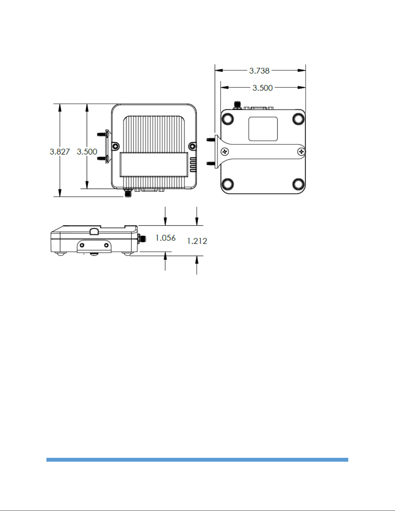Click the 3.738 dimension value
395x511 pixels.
pyautogui.click(x=259, y=71)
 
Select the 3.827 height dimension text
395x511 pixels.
pyautogui.click(x=60, y=152)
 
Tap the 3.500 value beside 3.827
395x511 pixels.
pyautogui.click(x=87, y=152)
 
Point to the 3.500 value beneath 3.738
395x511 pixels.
pyautogui.click(x=262, y=88)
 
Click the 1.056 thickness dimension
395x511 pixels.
pyautogui.click(x=165, y=238)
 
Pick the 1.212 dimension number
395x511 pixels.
pyautogui.click(x=197, y=241)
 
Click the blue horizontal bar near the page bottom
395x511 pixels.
pyautogui.click(x=197, y=460)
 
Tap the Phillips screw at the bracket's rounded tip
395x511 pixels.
pyautogui.click(x=301, y=152)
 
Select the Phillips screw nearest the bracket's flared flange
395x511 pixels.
pyautogui.click(x=225, y=152)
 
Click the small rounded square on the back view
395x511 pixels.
pyautogui.click(x=263, y=129)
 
